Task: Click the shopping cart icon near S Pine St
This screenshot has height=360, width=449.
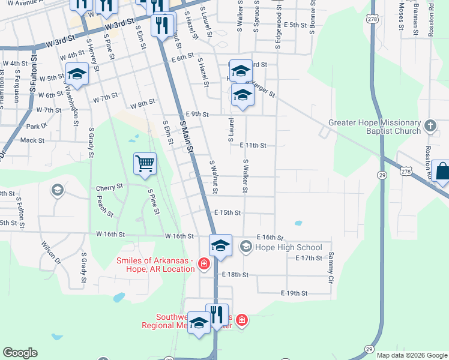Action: coord(145,163)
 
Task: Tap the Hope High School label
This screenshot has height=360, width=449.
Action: coord(289,247)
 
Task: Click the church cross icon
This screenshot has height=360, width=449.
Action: coord(430,126)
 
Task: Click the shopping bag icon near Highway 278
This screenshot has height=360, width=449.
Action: coord(442,172)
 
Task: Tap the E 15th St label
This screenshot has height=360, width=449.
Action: coord(228,213)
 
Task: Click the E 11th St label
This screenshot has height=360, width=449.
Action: coord(253,145)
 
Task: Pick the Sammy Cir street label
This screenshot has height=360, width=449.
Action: coord(330,267)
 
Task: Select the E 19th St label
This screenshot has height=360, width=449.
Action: coord(294,293)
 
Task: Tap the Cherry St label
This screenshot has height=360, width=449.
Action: coord(109,188)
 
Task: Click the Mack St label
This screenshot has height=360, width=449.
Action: coord(32,140)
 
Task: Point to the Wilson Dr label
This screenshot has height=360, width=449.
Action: coord(51,253)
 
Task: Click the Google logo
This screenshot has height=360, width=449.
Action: coord(20,353)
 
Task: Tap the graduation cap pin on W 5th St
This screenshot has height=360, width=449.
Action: coord(77,74)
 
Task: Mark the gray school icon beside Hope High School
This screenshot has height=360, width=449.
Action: coord(246,247)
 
